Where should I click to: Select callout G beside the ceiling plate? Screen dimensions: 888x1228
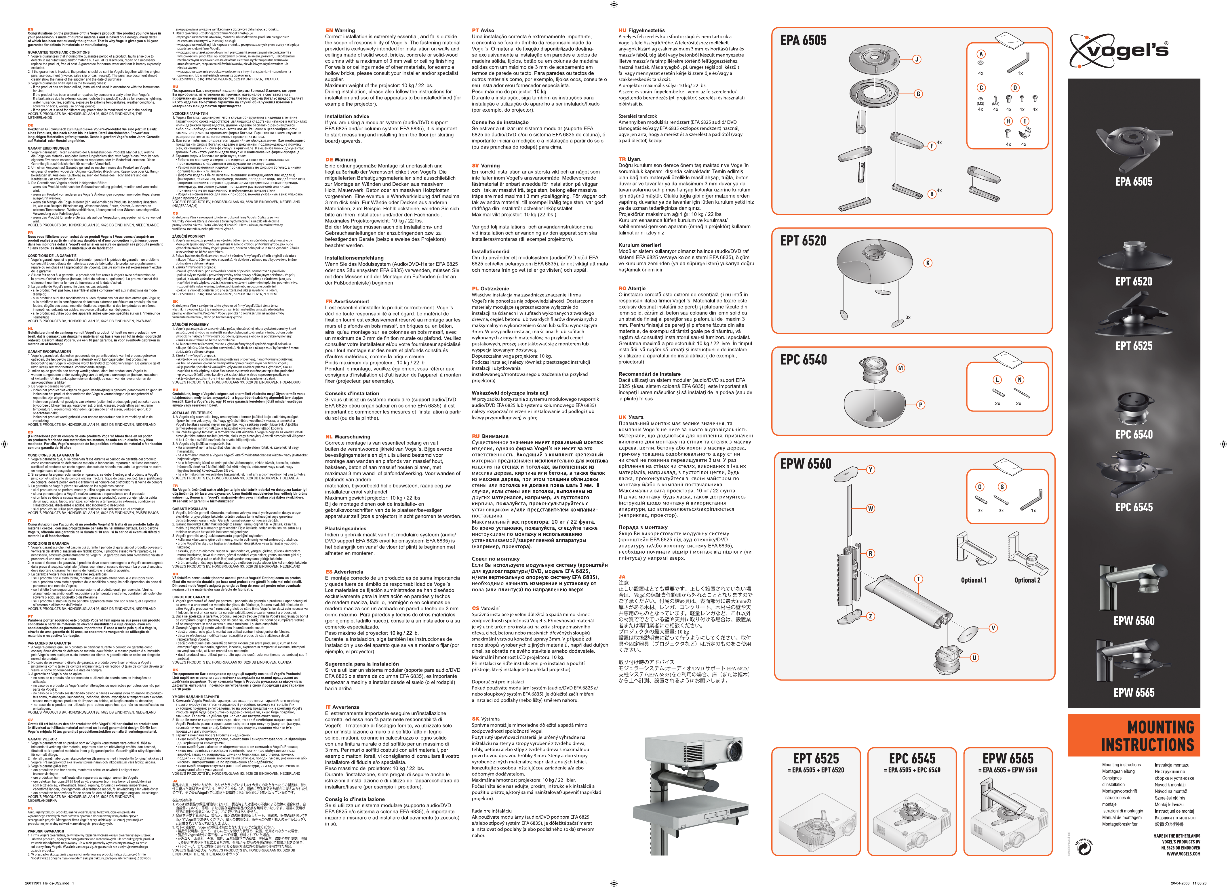tap(918, 94)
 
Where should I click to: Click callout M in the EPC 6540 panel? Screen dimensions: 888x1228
tap(900, 368)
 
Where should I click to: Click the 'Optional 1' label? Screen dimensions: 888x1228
tap(974, 580)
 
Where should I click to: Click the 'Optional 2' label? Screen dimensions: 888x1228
tap(1027, 580)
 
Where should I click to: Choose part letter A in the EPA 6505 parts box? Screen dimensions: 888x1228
tap(981, 54)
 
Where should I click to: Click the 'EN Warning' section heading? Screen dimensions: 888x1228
tap(340, 30)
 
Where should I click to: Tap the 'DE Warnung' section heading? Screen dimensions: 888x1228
tap(340, 160)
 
